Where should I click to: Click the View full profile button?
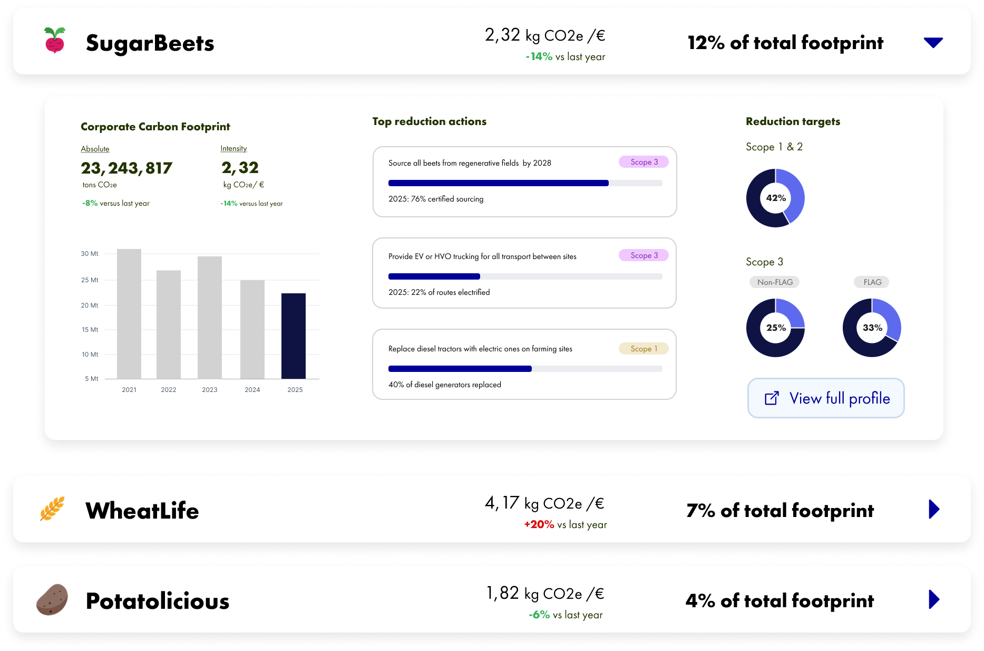pos(826,398)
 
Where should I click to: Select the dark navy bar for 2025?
pos(294,336)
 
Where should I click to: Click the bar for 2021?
pos(129,314)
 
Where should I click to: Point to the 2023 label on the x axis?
pos(210,390)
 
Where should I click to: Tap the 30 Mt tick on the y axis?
pos(90,254)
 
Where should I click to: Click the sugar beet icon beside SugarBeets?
pos(55,40)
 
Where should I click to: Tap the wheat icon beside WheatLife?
pos(52,509)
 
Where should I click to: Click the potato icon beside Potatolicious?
pos(52,599)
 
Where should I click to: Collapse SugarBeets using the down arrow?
pos(933,42)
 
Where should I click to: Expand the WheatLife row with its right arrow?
pos(934,509)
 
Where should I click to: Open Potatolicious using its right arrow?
pos(934,599)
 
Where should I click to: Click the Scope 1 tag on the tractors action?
pos(644,349)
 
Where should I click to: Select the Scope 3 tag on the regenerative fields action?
pos(644,162)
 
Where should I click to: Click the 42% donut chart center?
pos(776,198)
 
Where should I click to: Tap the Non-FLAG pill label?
pos(775,282)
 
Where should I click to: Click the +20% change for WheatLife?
pos(539,524)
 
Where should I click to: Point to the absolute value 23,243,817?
pos(126,168)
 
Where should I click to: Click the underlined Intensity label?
pos(233,149)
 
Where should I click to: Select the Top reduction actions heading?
pos(430,121)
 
